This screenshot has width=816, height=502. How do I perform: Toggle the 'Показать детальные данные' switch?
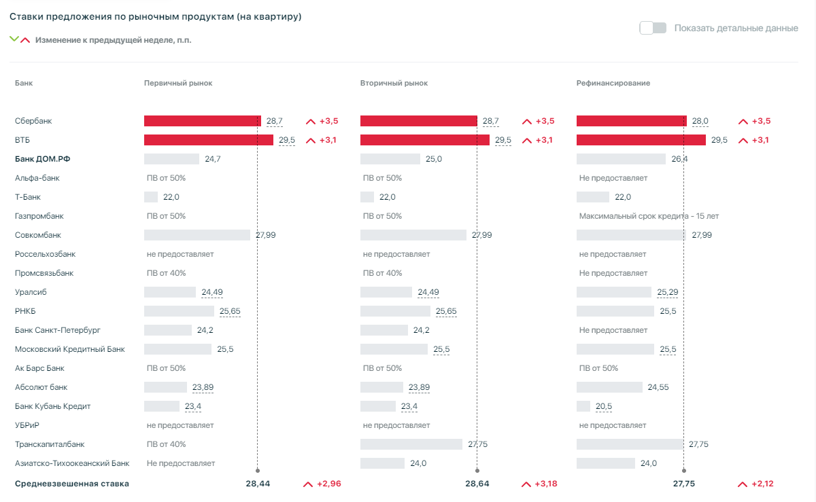[653, 28]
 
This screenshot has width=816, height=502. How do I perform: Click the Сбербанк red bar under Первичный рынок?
[202, 121]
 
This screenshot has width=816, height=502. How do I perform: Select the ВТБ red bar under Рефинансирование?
[641, 140]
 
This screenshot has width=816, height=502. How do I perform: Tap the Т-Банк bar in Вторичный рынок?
[367, 197]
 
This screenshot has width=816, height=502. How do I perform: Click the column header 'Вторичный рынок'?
[394, 83]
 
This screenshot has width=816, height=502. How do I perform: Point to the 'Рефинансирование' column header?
[613, 83]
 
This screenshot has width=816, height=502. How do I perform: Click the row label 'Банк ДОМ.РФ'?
[43, 159]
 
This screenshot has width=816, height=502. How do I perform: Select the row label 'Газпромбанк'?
[39, 216]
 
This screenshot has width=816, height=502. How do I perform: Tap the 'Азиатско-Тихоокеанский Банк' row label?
[71, 463]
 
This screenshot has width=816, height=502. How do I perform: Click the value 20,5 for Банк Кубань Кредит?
[604, 406]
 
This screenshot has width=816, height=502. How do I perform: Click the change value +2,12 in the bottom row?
[762, 484]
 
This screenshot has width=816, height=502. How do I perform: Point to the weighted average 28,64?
[477, 484]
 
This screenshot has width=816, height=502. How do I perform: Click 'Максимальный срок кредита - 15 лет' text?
[649, 216]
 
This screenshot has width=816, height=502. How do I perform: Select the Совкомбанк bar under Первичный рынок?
[197, 235]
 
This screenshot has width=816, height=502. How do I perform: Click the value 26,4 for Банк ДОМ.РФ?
[679, 159]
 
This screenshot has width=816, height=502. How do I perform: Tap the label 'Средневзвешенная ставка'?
[71, 484]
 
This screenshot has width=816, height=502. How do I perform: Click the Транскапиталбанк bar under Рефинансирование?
[630, 444]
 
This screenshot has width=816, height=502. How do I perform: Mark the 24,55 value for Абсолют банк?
[659, 387]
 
